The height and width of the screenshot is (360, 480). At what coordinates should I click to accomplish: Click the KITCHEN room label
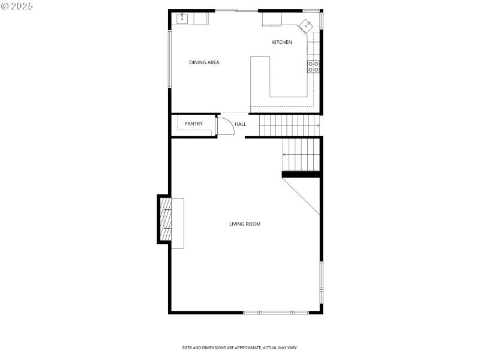pos(282,42)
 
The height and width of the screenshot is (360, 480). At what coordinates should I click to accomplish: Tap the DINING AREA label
pos(204,62)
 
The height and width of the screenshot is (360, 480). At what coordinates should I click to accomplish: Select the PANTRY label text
pos(193,124)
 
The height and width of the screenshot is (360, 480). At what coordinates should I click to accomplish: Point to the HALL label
pos(240,124)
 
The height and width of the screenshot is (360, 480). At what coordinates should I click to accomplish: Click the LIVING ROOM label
pos(245,224)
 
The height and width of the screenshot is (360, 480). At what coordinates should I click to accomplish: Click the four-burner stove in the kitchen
pos(313,66)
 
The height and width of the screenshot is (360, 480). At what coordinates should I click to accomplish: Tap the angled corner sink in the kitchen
pos(307,26)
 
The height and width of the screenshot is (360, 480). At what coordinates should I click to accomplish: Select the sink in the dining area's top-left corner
pos(182,19)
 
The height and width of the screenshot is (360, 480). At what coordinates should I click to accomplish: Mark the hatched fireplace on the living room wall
pos(165,219)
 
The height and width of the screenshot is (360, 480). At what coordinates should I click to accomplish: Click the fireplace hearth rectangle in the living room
pos(178,223)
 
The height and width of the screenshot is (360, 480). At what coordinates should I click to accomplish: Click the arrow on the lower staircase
pos(286,154)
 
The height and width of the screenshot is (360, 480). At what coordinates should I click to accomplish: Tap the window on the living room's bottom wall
pos(276,312)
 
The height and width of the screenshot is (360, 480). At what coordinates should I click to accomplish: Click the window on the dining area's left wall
pos(170,59)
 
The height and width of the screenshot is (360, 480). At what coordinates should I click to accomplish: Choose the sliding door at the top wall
pos(236,11)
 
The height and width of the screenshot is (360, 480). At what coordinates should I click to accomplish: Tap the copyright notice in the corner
pos(17,5)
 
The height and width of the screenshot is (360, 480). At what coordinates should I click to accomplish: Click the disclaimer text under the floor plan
pos(240,347)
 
